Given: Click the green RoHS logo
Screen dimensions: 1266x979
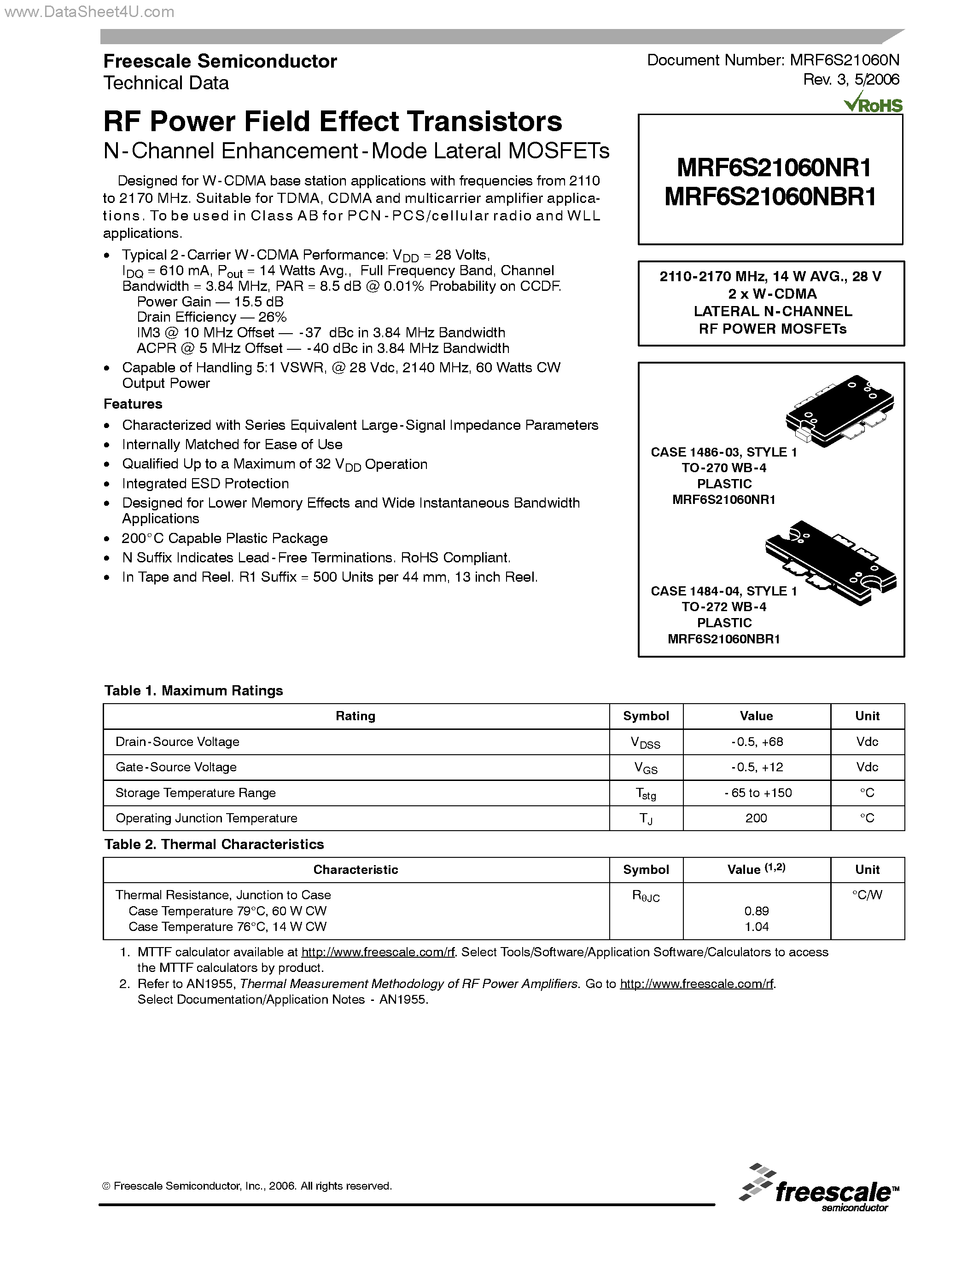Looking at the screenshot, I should click(x=874, y=104).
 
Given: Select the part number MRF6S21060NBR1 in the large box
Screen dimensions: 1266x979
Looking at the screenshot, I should click(x=770, y=197).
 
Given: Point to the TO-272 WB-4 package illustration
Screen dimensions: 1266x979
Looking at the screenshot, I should click(x=831, y=562).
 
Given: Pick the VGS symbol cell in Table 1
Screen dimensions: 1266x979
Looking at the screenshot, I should click(x=646, y=768).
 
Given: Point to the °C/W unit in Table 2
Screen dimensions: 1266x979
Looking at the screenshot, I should click(x=867, y=895).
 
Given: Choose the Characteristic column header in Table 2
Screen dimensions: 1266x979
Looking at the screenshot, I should click(x=355, y=869).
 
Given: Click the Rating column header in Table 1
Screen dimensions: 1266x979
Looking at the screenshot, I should click(x=355, y=716).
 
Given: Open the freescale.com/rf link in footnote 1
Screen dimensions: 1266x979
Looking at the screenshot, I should click(x=378, y=952).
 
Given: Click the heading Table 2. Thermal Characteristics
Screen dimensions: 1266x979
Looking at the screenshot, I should click(x=214, y=844).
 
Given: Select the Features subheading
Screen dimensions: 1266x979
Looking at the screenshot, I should click(x=133, y=404).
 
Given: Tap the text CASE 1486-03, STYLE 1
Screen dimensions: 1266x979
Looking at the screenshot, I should click(x=723, y=452).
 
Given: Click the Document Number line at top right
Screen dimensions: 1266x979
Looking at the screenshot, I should click(x=773, y=60).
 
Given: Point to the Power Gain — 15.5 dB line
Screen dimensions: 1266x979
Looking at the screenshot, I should click(x=210, y=301).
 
